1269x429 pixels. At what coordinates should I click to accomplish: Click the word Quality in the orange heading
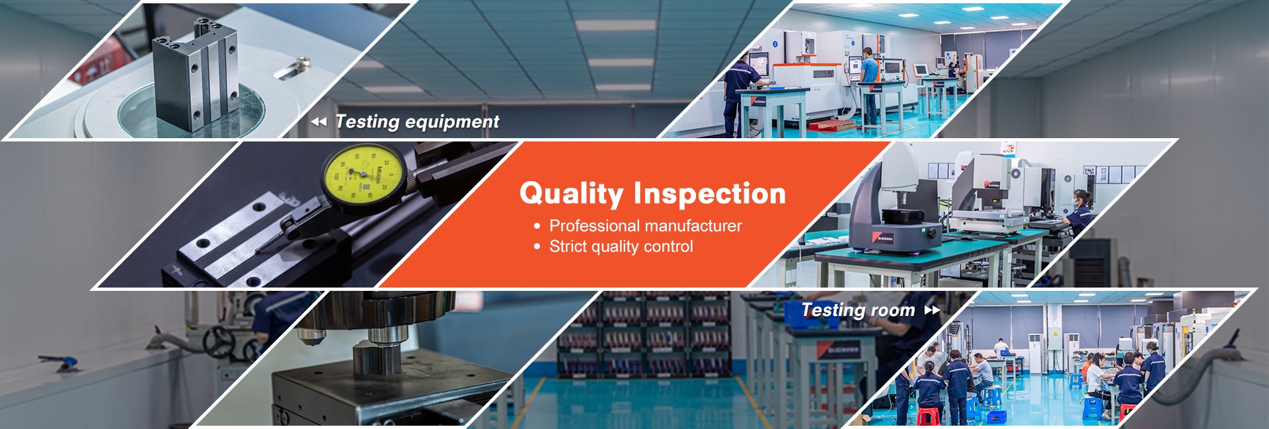tap(571, 194)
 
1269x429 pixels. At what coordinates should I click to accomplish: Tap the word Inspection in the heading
tap(710, 194)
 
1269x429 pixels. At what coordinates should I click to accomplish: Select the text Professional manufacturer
tap(645, 226)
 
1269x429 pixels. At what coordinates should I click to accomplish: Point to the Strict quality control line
tap(621, 247)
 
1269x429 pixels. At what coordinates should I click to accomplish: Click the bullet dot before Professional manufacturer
tap(537, 227)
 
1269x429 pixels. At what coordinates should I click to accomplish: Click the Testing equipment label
tap(417, 122)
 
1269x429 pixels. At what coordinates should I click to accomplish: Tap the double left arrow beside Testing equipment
tap(319, 122)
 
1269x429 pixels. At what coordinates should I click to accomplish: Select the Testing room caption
tap(858, 310)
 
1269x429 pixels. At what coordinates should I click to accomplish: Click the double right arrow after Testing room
tap(932, 310)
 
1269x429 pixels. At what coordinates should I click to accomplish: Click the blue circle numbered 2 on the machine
tap(775, 44)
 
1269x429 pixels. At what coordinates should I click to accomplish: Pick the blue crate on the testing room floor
tap(995, 416)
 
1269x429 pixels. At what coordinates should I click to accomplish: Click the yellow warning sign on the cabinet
tap(1056, 335)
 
